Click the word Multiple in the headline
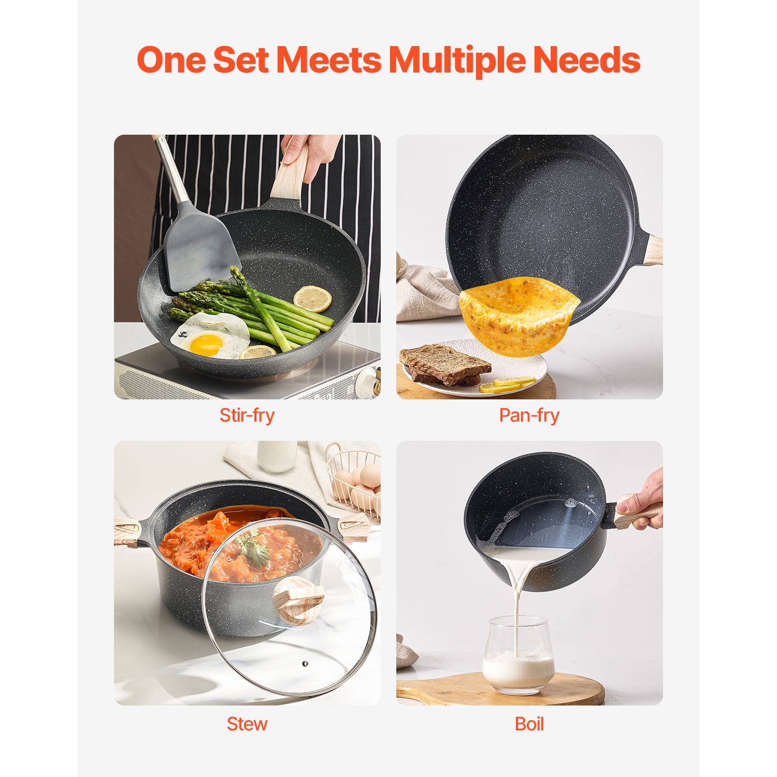point(457,60)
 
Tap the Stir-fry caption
point(247,415)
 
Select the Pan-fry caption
point(529,415)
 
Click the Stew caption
point(247,724)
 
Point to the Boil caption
point(529,724)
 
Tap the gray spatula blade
point(199,249)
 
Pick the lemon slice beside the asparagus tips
point(312,299)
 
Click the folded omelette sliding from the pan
point(518,316)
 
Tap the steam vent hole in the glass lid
point(305,664)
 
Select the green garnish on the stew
point(254,550)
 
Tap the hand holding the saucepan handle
point(645,502)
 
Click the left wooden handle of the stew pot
point(127,531)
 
